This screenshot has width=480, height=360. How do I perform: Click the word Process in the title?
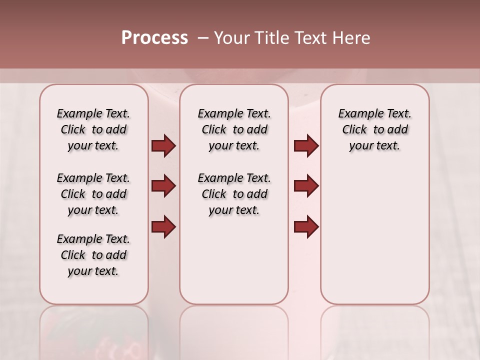[x=154, y=38]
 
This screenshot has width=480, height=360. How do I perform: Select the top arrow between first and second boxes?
[x=163, y=146]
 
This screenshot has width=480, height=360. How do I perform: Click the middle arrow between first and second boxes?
[x=163, y=186]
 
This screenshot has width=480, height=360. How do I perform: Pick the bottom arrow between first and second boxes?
[x=163, y=226]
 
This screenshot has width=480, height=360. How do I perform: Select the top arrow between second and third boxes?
[x=306, y=146]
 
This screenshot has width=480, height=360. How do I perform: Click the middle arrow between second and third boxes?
[x=306, y=186]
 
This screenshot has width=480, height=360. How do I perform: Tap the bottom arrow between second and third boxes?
[x=306, y=226]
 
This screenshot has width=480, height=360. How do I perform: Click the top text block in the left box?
[x=93, y=129]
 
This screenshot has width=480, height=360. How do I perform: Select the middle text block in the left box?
[x=93, y=194]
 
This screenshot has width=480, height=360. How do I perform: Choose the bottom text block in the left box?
[x=93, y=255]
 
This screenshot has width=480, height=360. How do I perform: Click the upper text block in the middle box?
[x=234, y=129]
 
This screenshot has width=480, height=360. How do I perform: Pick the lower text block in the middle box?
[x=234, y=194]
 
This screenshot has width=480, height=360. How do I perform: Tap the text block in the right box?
[x=374, y=129]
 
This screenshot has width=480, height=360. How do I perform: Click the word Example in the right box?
[x=357, y=114]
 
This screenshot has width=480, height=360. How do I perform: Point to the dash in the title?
[x=203, y=38]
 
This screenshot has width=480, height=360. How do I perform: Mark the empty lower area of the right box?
[x=374, y=235]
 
